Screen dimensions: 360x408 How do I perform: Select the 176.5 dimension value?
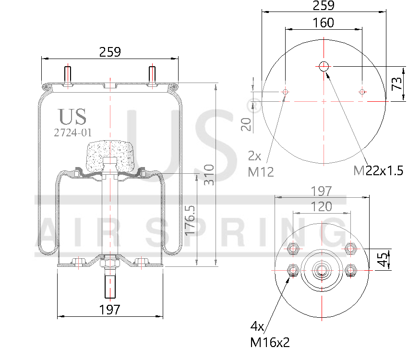click(x=191, y=219)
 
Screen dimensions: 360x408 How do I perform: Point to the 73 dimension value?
click(x=397, y=84)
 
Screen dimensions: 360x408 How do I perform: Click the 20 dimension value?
click(x=246, y=124)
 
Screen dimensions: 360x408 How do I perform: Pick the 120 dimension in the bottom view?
click(x=321, y=206)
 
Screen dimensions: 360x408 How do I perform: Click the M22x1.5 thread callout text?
click(x=378, y=170)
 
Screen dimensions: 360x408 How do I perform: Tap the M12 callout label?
click(x=261, y=171)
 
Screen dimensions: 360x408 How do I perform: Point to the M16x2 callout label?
click(x=270, y=342)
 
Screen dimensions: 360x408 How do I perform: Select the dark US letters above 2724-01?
click(x=72, y=117)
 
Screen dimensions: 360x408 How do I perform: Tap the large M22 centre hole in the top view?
click(x=324, y=66)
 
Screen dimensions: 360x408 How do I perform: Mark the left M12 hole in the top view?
click(x=286, y=92)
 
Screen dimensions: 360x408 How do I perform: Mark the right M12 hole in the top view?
click(x=362, y=92)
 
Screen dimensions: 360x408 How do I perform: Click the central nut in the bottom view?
click(x=321, y=271)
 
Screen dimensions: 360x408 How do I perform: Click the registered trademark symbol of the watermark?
click(x=256, y=106)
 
